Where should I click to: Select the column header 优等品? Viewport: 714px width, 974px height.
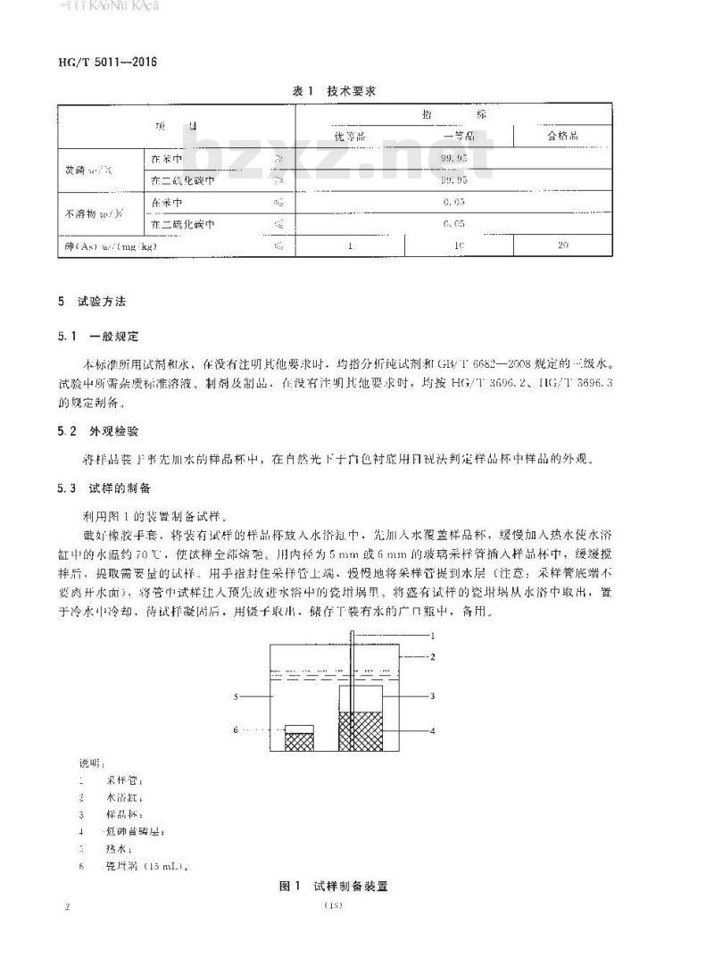tap(350, 136)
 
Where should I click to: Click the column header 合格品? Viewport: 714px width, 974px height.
tap(562, 136)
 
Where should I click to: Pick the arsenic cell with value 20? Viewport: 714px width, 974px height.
tap(562, 245)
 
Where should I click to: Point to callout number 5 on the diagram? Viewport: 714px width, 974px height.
tap(237, 694)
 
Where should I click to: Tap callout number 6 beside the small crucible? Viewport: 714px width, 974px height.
tap(237, 729)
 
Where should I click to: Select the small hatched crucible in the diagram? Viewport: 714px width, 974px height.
tap(299, 739)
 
